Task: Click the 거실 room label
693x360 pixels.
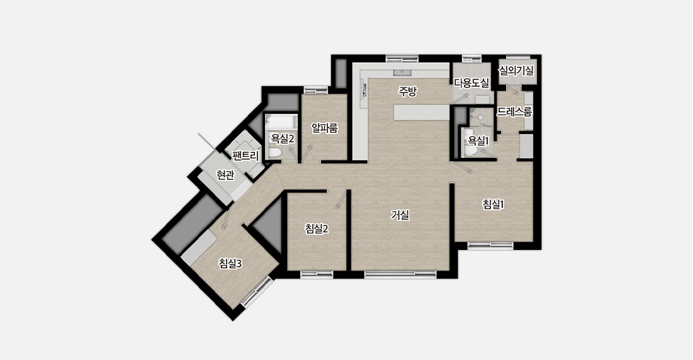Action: (x=400, y=215)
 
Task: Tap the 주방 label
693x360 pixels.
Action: (x=407, y=91)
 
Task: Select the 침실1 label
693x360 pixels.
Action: (x=493, y=204)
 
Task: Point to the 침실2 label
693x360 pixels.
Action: (x=317, y=229)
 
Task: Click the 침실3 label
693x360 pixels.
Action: (x=230, y=264)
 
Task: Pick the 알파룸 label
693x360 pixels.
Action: (x=325, y=128)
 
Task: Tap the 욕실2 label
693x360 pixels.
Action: (x=283, y=139)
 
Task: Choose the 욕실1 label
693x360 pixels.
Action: (x=478, y=141)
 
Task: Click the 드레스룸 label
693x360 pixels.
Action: (x=514, y=112)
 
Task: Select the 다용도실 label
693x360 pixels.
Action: (x=471, y=82)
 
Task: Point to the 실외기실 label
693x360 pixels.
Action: (x=516, y=70)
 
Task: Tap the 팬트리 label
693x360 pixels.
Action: (x=245, y=155)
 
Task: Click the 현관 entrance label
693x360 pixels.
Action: (x=225, y=176)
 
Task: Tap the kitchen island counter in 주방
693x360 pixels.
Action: (x=422, y=112)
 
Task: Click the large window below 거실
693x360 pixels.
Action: (x=400, y=274)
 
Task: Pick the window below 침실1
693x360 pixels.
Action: (x=490, y=245)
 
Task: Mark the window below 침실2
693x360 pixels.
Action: (x=317, y=274)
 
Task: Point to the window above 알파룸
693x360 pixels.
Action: (x=316, y=90)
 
